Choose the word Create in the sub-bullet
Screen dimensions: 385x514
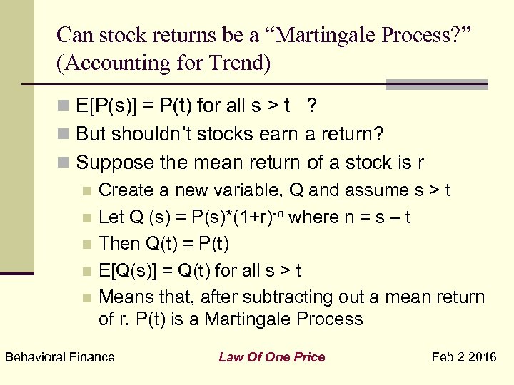tap(122, 190)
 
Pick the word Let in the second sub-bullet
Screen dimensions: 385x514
tap(111, 217)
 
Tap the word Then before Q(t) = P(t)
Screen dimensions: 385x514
tap(119, 244)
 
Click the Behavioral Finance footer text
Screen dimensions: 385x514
tap(60, 357)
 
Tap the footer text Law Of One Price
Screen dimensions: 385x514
tap(272, 357)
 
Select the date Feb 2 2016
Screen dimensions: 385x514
tap(465, 357)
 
